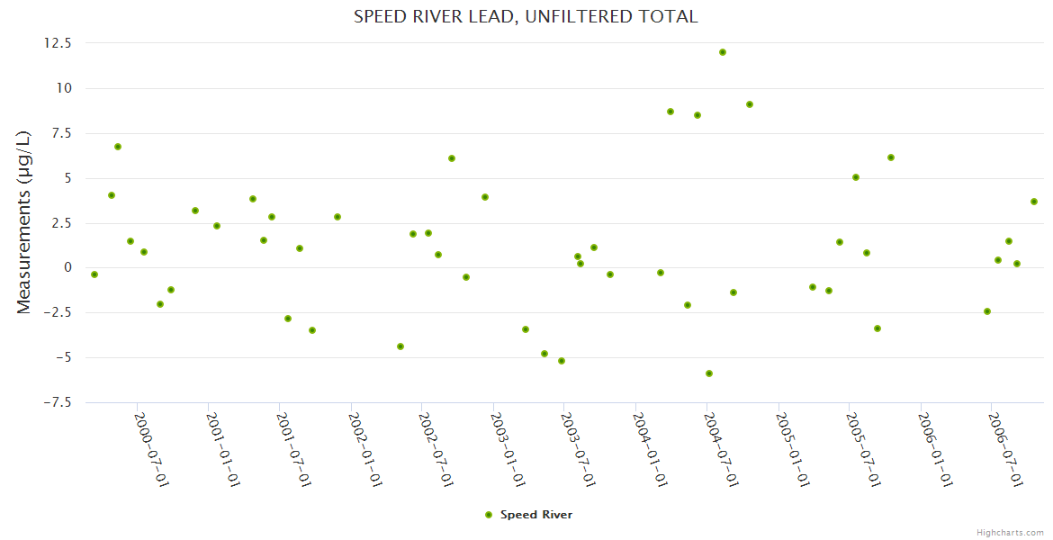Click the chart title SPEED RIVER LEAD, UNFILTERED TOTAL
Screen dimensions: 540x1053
click(526, 16)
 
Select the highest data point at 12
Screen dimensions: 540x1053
click(723, 52)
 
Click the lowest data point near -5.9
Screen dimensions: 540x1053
click(709, 373)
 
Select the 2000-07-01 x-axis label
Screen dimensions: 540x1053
click(152, 449)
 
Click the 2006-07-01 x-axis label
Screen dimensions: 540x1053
click(1005, 449)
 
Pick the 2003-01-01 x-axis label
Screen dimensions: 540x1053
click(508, 449)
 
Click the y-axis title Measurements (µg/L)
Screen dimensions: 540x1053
click(23, 221)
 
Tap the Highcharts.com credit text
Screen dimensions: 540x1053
click(1010, 532)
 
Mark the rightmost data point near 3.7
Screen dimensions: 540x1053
click(1034, 202)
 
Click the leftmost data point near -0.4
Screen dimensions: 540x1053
click(94, 274)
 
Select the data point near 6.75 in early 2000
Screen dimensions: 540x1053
click(118, 147)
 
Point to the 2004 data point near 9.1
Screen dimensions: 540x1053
click(750, 104)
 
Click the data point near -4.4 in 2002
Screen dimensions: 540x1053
click(400, 346)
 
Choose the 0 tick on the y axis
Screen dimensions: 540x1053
click(68, 268)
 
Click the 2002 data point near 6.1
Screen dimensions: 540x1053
click(452, 158)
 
